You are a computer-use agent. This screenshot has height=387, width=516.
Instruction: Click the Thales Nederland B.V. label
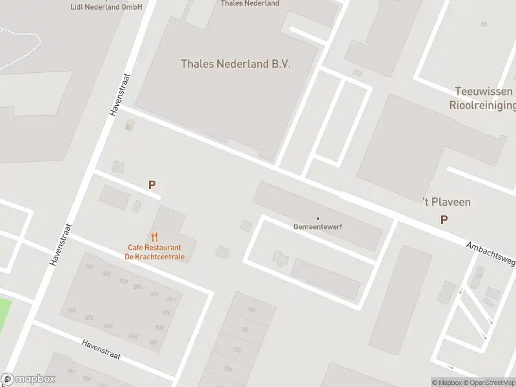pyautogui.click(x=235, y=64)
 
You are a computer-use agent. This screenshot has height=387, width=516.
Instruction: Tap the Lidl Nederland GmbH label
pyautogui.click(x=106, y=6)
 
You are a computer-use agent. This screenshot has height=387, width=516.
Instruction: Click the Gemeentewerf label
pyautogui.click(x=317, y=227)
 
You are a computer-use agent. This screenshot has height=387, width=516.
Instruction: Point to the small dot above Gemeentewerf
pyautogui.click(x=317, y=219)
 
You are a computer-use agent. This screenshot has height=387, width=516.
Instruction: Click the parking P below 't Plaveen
pyautogui.click(x=444, y=220)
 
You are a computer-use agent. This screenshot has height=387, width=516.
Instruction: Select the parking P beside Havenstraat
pyautogui.click(x=152, y=185)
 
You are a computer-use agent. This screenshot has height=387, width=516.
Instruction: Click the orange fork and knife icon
pyautogui.click(x=154, y=237)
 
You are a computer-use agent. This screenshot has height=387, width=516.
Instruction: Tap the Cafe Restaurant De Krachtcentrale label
pyautogui.click(x=155, y=252)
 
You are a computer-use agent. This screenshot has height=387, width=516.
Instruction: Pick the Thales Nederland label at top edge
pyautogui.click(x=250, y=3)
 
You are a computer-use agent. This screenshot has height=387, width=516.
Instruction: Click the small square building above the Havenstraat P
pyautogui.click(x=117, y=166)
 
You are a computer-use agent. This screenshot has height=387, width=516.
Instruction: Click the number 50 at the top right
pyautogui.click(x=484, y=24)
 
